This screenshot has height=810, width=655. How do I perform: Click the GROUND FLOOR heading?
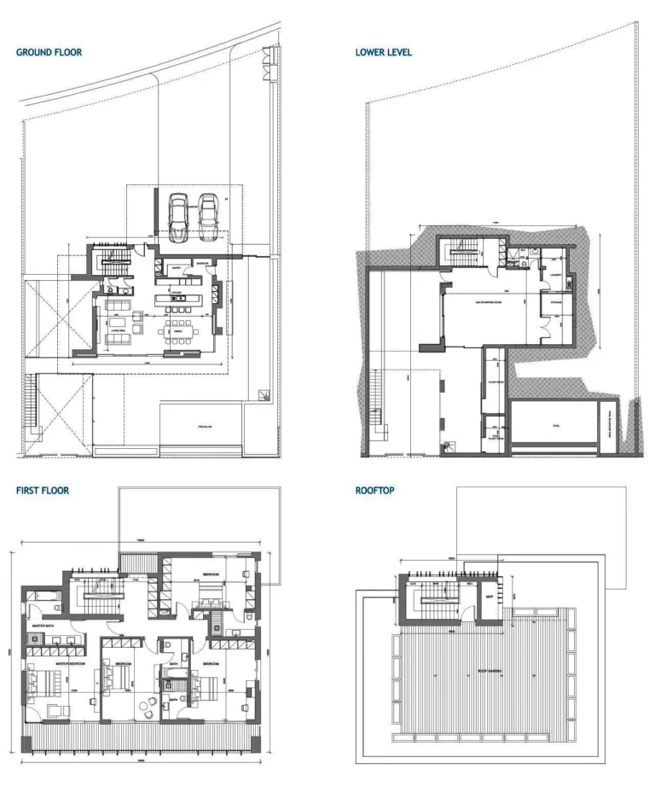click(x=49, y=52)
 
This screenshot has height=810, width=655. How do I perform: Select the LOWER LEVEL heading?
click(x=384, y=52)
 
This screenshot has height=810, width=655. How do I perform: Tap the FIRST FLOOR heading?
click(x=43, y=491)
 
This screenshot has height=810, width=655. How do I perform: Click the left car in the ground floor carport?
click(x=179, y=218)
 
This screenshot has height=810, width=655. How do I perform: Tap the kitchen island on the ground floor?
click(x=177, y=299)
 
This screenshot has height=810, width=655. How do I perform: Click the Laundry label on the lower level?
click(x=554, y=275)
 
